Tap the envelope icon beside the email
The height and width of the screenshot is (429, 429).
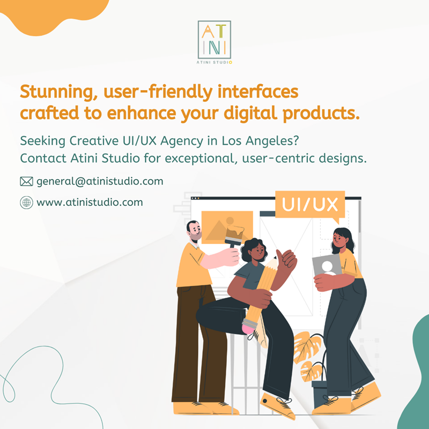[26, 181]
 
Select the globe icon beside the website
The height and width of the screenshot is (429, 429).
[26, 203]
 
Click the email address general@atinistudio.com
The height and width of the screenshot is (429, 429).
[100, 181]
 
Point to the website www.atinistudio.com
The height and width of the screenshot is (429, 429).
[90, 203]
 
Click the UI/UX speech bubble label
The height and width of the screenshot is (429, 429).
[310, 205]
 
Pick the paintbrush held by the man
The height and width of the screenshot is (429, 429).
[234, 235]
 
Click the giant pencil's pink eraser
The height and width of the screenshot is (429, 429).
[248, 329]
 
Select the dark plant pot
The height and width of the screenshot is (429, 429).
[320, 394]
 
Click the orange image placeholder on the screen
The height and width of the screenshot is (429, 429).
[227, 227]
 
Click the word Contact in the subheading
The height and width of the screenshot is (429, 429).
[43, 158]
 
